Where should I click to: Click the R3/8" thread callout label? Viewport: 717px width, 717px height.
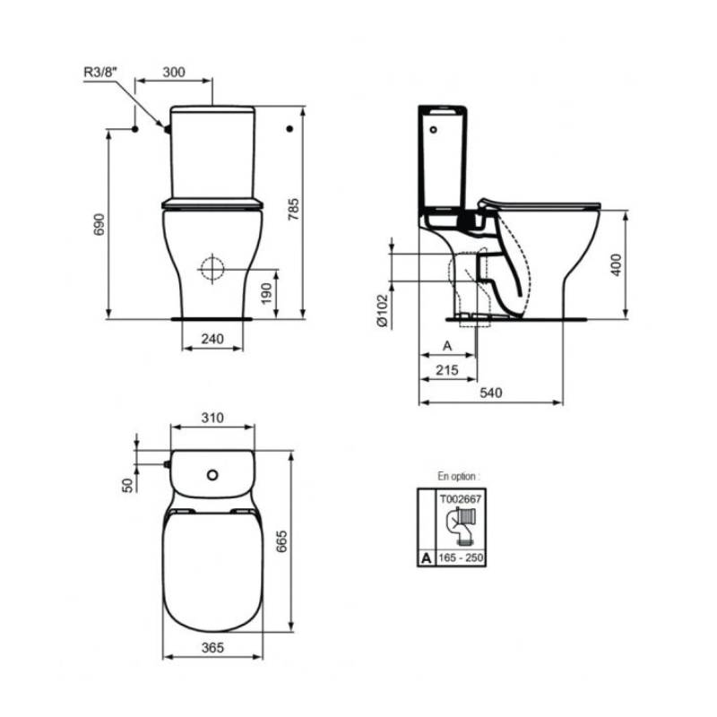(100, 72)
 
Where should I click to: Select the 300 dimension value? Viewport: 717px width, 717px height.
(174, 72)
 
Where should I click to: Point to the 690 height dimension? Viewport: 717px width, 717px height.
(99, 224)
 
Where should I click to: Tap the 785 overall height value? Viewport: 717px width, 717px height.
(294, 210)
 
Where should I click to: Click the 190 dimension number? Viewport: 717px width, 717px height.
(266, 294)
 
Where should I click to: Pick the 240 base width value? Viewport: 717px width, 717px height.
(212, 339)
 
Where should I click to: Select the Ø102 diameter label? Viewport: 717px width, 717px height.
(383, 311)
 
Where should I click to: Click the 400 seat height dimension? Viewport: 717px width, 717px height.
(617, 264)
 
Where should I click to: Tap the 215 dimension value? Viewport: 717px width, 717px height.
(446, 369)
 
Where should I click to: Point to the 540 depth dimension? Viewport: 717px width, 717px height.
(490, 393)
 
